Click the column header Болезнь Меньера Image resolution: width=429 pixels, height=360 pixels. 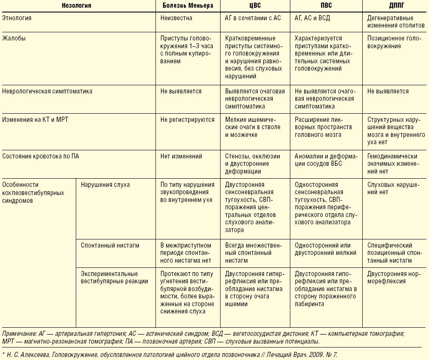pyautogui.click(x=187, y=6)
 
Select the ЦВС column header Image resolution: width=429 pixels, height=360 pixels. pyautogui.click(x=254, y=6)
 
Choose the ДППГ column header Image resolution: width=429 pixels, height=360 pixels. pyautogui.click(x=395, y=6)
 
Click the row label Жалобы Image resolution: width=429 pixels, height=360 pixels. pyautogui.click(x=14, y=38)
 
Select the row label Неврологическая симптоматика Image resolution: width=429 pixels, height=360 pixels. pyautogui.click(x=47, y=92)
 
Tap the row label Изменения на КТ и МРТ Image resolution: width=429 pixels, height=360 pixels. pyautogui.click(x=35, y=120)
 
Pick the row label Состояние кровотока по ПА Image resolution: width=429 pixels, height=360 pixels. pyautogui.click(x=40, y=156)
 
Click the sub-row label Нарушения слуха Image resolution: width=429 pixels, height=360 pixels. pyautogui.click(x=105, y=185)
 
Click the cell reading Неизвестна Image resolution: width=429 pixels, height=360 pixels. pyautogui.click(x=176, y=19)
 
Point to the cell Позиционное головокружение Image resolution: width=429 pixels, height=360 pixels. pyautogui.click(x=391, y=42)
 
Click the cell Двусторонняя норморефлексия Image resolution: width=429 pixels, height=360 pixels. pyautogui.click(x=393, y=277)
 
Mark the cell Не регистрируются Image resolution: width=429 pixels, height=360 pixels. pyautogui.click(x=187, y=120)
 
